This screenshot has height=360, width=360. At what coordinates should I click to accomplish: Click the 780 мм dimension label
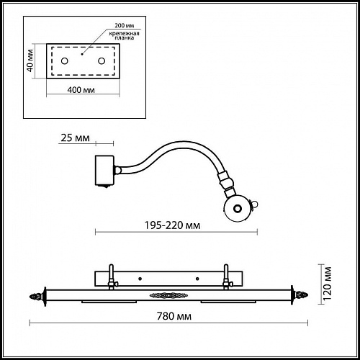(174, 316)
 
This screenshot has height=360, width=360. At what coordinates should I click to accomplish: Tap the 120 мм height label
(327, 284)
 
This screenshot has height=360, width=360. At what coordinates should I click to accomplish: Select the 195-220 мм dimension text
(172, 225)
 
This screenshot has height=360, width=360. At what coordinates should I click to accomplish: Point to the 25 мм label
(75, 138)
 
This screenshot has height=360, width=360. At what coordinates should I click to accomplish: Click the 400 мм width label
(81, 90)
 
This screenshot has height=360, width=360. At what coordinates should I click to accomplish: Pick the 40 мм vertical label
(30, 60)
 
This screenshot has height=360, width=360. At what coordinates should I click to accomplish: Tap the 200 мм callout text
(125, 25)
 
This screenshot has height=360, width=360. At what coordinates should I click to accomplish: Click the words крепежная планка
(124, 35)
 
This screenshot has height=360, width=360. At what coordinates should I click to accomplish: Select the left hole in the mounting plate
(65, 61)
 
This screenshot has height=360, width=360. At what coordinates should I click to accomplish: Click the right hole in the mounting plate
(102, 61)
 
